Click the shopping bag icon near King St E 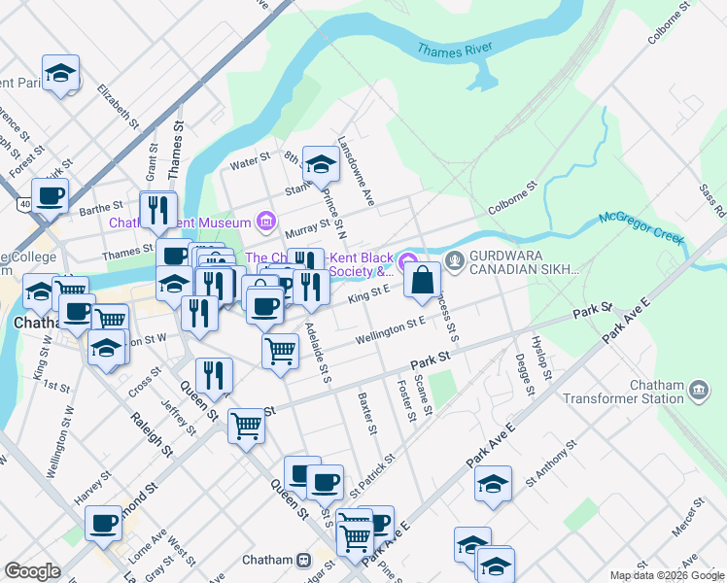(x=423, y=281)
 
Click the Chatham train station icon (x=304, y=560)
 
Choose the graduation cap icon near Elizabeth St (x=60, y=73)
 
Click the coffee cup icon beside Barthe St (x=50, y=195)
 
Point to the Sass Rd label (x=712, y=198)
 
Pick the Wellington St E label (x=391, y=328)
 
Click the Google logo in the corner (x=32, y=570)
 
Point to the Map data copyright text (x=666, y=575)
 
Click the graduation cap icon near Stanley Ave (x=319, y=164)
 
